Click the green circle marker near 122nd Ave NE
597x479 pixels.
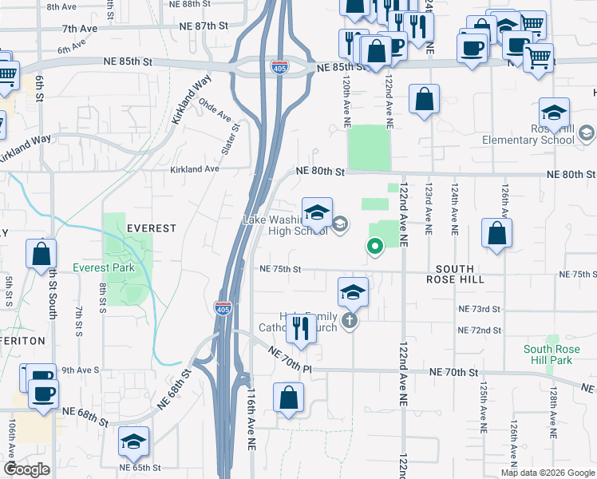tap(374, 247)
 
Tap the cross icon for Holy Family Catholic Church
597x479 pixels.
tap(349, 321)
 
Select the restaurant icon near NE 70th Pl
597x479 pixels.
tap(301, 329)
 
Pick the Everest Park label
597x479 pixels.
tap(104, 268)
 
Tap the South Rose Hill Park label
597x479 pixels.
tap(548, 355)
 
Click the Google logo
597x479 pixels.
tap(26, 469)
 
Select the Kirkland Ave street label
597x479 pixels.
tap(195, 169)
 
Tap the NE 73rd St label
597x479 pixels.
tap(479, 309)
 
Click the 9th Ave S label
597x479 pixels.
tap(81, 370)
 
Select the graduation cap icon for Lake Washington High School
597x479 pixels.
tap(317, 212)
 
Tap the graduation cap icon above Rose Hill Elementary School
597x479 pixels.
tap(554, 113)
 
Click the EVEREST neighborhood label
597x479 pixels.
tap(152, 228)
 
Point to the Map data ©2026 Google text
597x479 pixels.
tap(548, 473)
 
